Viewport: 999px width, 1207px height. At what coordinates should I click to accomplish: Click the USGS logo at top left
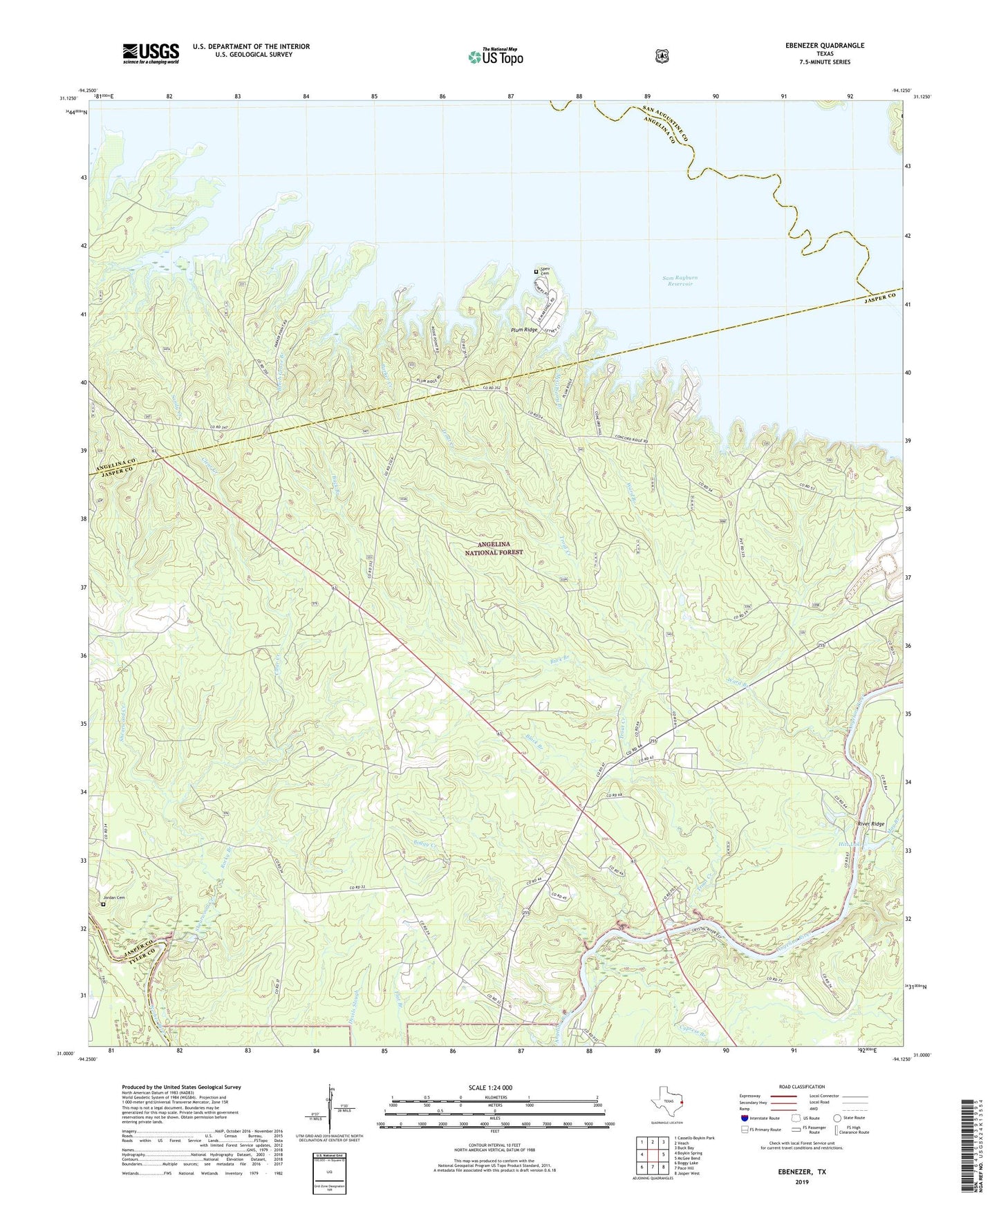click(x=151, y=53)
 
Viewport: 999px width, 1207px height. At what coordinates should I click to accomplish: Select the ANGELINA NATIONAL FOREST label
click(x=494, y=549)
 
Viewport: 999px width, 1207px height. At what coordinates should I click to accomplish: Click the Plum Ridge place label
click(x=524, y=330)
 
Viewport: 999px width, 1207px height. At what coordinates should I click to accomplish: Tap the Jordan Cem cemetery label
click(x=115, y=897)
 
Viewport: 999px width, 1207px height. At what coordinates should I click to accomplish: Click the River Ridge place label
click(x=870, y=824)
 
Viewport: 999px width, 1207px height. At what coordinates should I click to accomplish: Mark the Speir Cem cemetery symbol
click(x=535, y=272)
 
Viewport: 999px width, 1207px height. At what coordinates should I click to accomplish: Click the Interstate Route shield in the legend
click(x=745, y=1117)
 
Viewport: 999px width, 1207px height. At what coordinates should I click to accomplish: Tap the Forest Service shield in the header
click(x=662, y=56)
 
